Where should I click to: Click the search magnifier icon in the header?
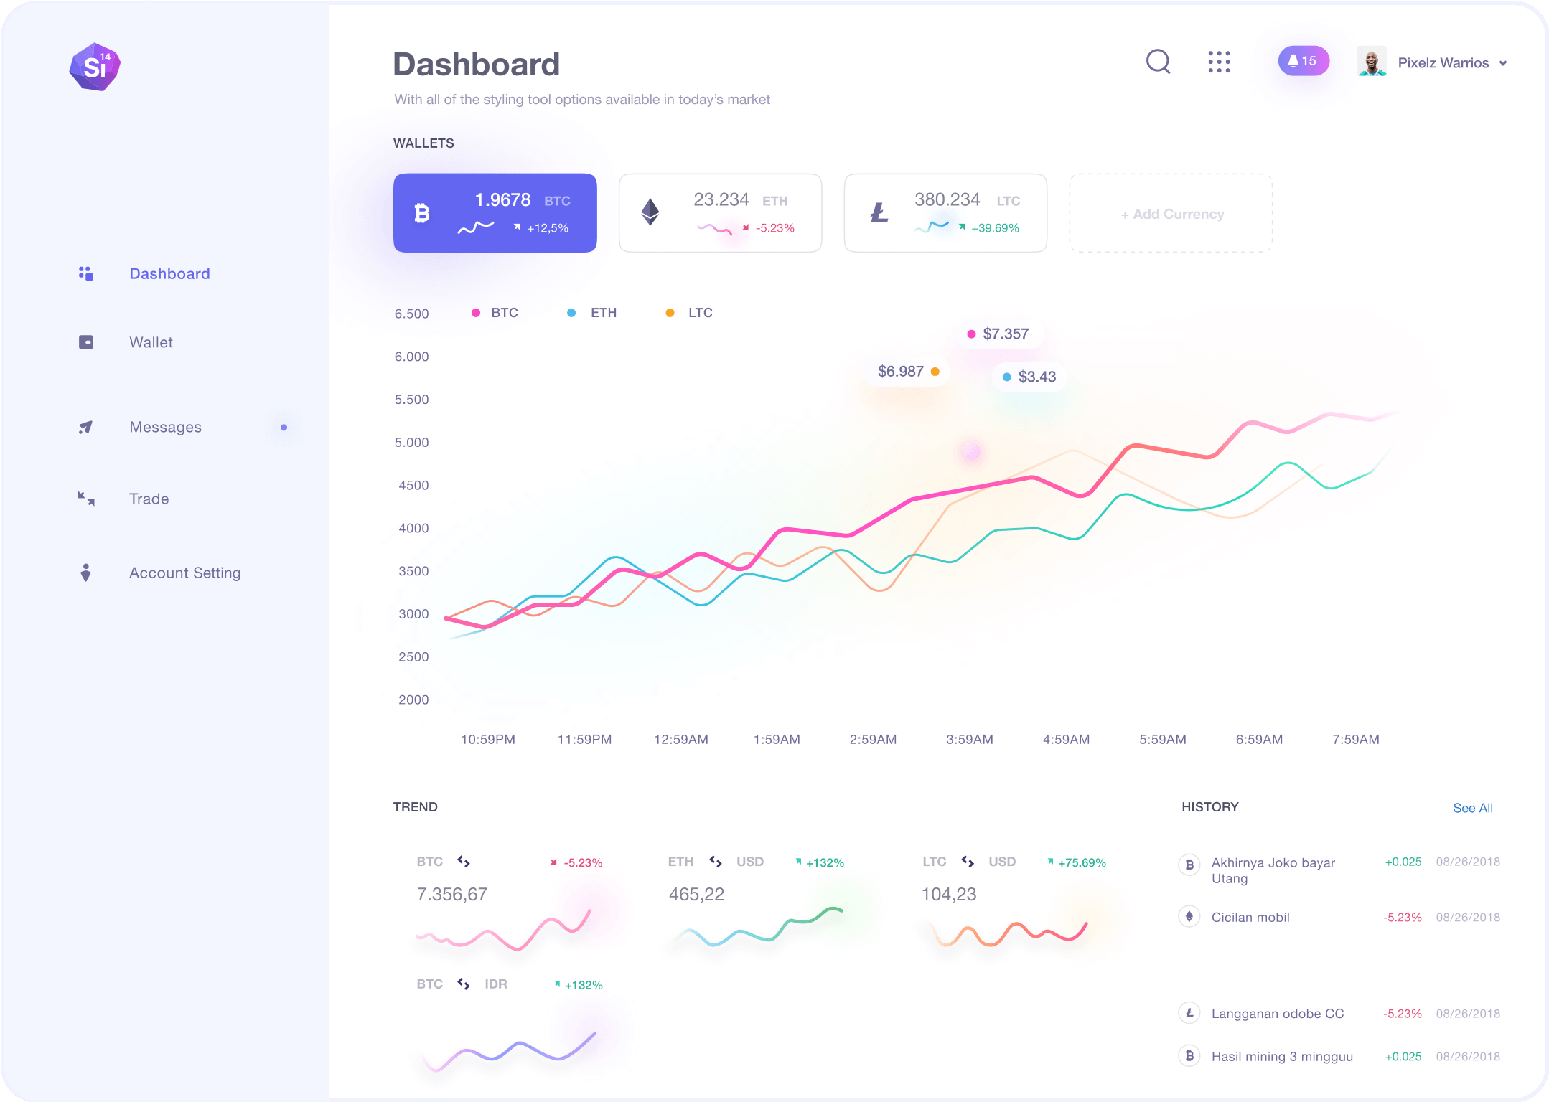[1158, 62]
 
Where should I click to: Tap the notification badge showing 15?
[1303, 61]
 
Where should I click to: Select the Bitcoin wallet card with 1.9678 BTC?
[495, 213]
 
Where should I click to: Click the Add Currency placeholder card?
[1171, 214]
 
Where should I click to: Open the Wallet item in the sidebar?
[151, 342]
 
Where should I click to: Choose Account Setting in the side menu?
[184, 573]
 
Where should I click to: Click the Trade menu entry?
[149, 499]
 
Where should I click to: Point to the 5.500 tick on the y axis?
[411, 400]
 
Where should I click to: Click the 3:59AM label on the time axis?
[969, 739]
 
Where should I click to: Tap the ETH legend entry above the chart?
[603, 313]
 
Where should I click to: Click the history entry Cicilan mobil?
[1250, 917]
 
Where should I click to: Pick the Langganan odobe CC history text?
[1277, 1013]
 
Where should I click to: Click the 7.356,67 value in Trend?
[451, 894]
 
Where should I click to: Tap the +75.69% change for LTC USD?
[1081, 862]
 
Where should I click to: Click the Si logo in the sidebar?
[95, 67]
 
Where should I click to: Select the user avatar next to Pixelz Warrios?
[1371, 62]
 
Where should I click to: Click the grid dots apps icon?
[1219, 62]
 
